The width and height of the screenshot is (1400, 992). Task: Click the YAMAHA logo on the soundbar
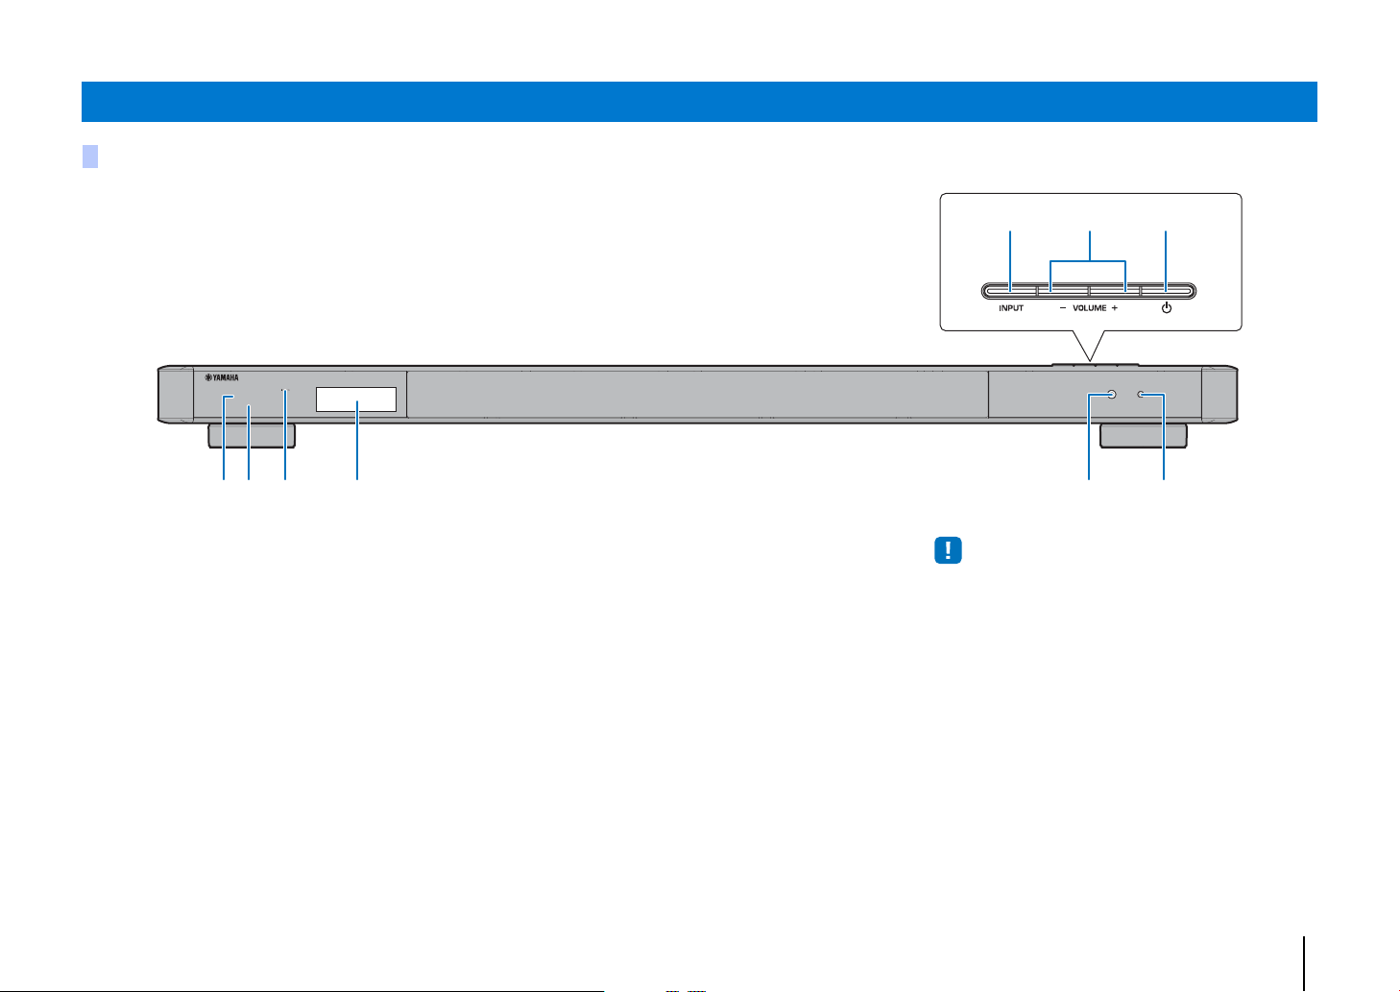pos(222,377)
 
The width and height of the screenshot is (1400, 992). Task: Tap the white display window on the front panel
pos(356,399)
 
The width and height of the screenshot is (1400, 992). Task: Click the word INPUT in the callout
pos(1010,308)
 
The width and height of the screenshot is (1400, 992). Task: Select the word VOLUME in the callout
pos(1090,308)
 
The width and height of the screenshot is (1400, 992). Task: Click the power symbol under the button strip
pos(1167,307)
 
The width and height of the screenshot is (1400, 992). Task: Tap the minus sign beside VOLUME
pos(1063,308)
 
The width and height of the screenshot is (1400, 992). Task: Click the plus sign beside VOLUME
pos(1115,308)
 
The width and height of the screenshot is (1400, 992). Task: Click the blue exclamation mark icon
pos(948,550)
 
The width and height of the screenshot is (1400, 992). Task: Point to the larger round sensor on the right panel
pos(1111,395)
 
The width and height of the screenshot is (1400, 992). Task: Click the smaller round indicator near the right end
pos(1141,395)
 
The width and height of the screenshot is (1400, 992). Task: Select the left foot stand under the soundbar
pos(252,436)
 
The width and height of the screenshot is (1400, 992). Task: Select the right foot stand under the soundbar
pos(1143,436)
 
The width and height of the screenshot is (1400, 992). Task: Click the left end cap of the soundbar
pos(176,395)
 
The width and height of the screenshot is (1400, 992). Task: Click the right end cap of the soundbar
pos(1219,395)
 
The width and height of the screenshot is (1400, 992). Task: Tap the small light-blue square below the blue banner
pos(90,157)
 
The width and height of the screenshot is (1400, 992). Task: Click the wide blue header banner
pos(699,101)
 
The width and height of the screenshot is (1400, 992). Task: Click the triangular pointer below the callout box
pos(1089,345)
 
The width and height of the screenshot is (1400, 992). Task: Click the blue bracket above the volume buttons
pos(1088,261)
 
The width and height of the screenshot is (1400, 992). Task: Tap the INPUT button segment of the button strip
pos(1010,291)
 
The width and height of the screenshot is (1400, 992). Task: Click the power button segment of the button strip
pos(1167,291)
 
